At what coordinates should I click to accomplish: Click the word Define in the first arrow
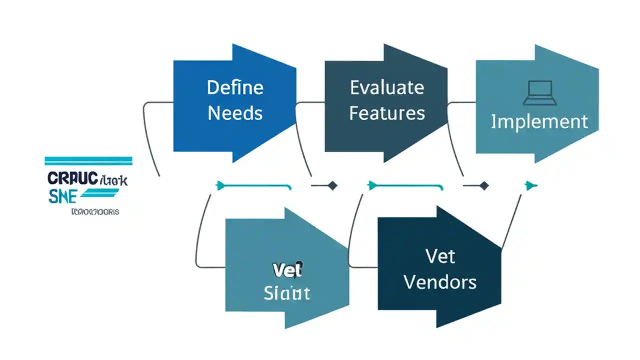[235, 88]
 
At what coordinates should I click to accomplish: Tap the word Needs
[235, 113]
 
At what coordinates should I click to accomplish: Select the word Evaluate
[387, 88]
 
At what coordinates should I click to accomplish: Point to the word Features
[387, 113]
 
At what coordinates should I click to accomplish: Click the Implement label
[539, 121]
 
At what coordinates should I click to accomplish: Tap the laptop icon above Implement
[539, 93]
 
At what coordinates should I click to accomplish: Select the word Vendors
[440, 282]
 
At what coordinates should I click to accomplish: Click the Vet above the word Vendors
[440, 257]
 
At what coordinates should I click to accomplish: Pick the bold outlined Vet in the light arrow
[287, 270]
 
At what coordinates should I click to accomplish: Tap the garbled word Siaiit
[287, 292]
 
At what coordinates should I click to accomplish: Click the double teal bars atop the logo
[88, 160]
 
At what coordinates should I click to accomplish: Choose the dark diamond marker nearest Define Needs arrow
[331, 186]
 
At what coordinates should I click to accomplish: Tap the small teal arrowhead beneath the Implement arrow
[530, 186]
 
